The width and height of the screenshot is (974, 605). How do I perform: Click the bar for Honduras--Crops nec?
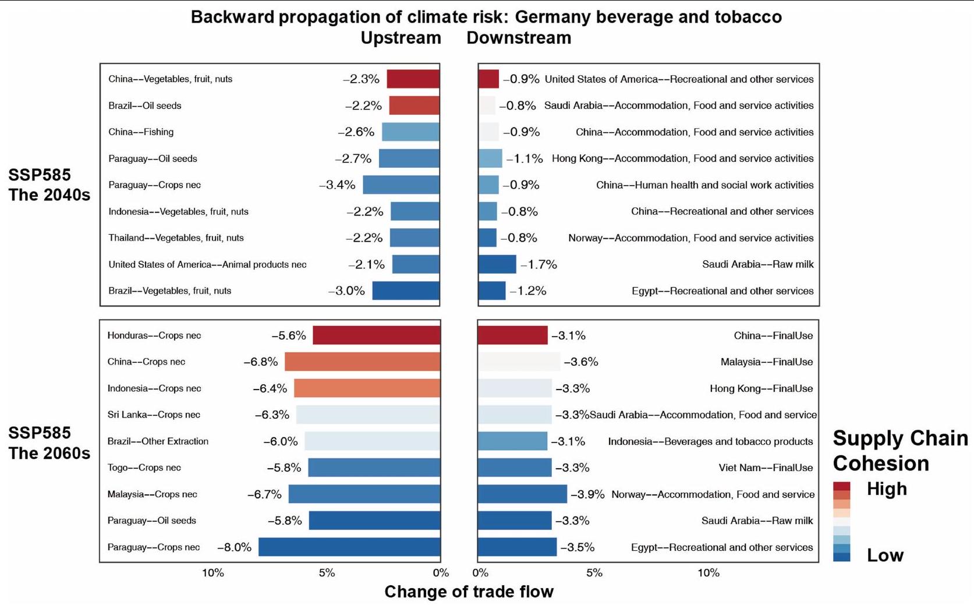[x=376, y=335]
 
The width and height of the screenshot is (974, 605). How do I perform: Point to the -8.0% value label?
[x=234, y=547]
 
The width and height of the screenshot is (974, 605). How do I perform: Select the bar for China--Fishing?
[x=410, y=132]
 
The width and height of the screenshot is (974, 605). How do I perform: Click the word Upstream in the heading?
[x=401, y=38]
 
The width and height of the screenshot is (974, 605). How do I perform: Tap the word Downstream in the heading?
[x=519, y=38]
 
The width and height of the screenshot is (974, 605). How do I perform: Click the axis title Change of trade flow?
[x=469, y=592]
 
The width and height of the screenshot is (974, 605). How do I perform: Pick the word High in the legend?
[x=886, y=489]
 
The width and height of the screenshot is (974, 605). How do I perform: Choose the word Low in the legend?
[x=885, y=555]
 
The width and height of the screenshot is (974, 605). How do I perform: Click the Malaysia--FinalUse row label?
[x=766, y=362]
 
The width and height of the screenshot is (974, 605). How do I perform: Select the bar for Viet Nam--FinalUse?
[x=515, y=468]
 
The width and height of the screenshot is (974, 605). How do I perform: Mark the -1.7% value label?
[x=539, y=265]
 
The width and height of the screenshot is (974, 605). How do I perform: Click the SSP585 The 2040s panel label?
[x=49, y=185]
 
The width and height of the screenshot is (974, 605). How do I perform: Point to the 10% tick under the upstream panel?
[x=212, y=573]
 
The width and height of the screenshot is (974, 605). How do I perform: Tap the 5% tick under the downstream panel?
[x=594, y=573]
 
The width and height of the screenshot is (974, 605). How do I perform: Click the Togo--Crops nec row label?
[x=144, y=468]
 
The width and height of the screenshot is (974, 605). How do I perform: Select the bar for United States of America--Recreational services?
[x=488, y=79]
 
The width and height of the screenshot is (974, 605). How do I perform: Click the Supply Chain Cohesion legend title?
[x=900, y=451]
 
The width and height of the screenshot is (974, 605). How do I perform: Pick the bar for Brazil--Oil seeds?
[x=414, y=105]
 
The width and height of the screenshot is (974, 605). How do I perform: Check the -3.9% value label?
[x=587, y=494]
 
